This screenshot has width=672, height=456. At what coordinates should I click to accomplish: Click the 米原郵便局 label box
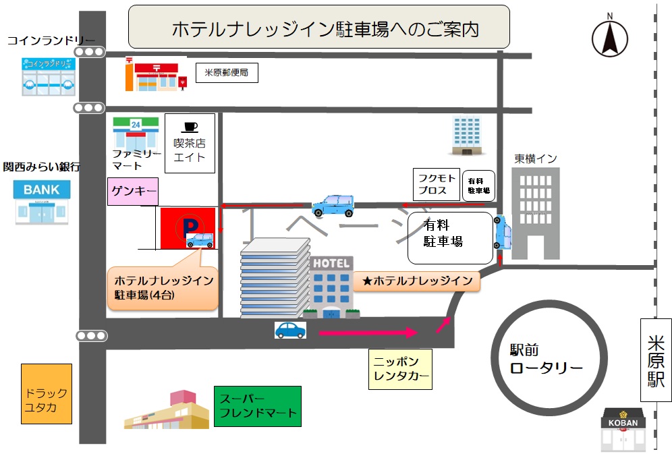pos(227,73)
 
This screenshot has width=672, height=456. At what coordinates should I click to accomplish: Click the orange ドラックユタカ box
pos(47,394)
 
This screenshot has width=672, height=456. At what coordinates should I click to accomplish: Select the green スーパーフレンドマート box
pos(257,406)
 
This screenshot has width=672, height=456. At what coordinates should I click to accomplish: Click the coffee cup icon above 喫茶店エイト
pos(190,126)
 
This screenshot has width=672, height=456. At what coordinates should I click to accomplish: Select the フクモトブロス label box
pos(437,185)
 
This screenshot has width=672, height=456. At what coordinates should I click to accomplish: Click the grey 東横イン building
pos(535,212)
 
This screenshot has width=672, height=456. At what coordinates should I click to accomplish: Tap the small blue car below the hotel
pos(290,330)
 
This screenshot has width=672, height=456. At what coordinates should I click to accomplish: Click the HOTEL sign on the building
pos(331,263)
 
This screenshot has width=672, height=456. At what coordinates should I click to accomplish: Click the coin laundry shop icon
pos(47,76)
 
